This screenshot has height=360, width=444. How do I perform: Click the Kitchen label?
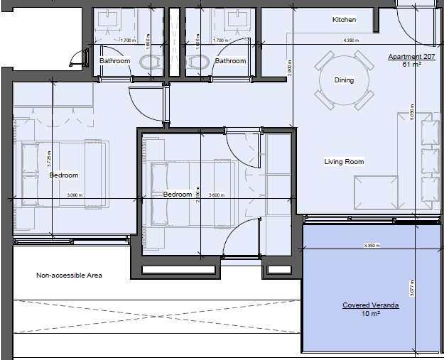click(x=344, y=20)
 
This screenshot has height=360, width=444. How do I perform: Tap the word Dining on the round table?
click(x=344, y=80)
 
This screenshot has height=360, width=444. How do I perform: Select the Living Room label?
click(x=344, y=162)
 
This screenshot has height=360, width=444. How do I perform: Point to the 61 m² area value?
click(x=410, y=64)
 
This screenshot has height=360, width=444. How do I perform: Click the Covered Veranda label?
click(x=370, y=305)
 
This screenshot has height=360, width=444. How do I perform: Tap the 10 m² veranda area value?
click(x=370, y=313)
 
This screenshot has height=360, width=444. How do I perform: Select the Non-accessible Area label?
click(x=69, y=276)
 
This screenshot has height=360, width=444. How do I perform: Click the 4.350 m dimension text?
click(x=350, y=40)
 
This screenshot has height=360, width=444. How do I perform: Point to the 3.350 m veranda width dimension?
click(x=371, y=246)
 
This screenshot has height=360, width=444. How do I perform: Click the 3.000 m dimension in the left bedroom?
click(x=74, y=195)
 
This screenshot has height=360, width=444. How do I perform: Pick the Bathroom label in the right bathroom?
click(x=230, y=61)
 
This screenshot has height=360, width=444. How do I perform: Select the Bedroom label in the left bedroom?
click(x=63, y=175)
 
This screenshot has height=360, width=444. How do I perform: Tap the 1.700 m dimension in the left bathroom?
click(x=128, y=40)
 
